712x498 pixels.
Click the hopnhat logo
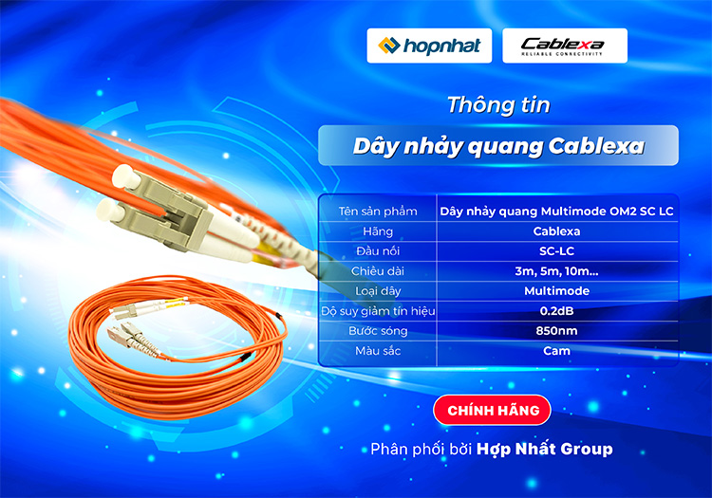coord(429,46)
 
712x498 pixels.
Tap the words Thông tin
coord(498,104)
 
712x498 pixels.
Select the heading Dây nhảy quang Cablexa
coord(498,146)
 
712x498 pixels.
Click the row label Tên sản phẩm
coord(378,211)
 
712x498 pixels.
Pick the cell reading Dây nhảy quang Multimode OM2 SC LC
coord(557,211)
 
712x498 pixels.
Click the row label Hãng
coord(378,231)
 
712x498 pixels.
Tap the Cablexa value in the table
coord(557,231)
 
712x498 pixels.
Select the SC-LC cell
coord(557,250)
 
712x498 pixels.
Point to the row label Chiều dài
coord(378,270)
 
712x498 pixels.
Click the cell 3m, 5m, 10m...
coord(557,270)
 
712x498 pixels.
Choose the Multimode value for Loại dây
coord(557,290)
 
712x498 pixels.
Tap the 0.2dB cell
coord(557,310)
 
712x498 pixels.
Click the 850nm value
coord(557,330)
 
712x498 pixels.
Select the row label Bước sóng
coord(378,330)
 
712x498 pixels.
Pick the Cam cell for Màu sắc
coord(557,350)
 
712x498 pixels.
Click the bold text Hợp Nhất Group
coord(545,449)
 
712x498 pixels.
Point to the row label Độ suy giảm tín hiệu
coord(378,310)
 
